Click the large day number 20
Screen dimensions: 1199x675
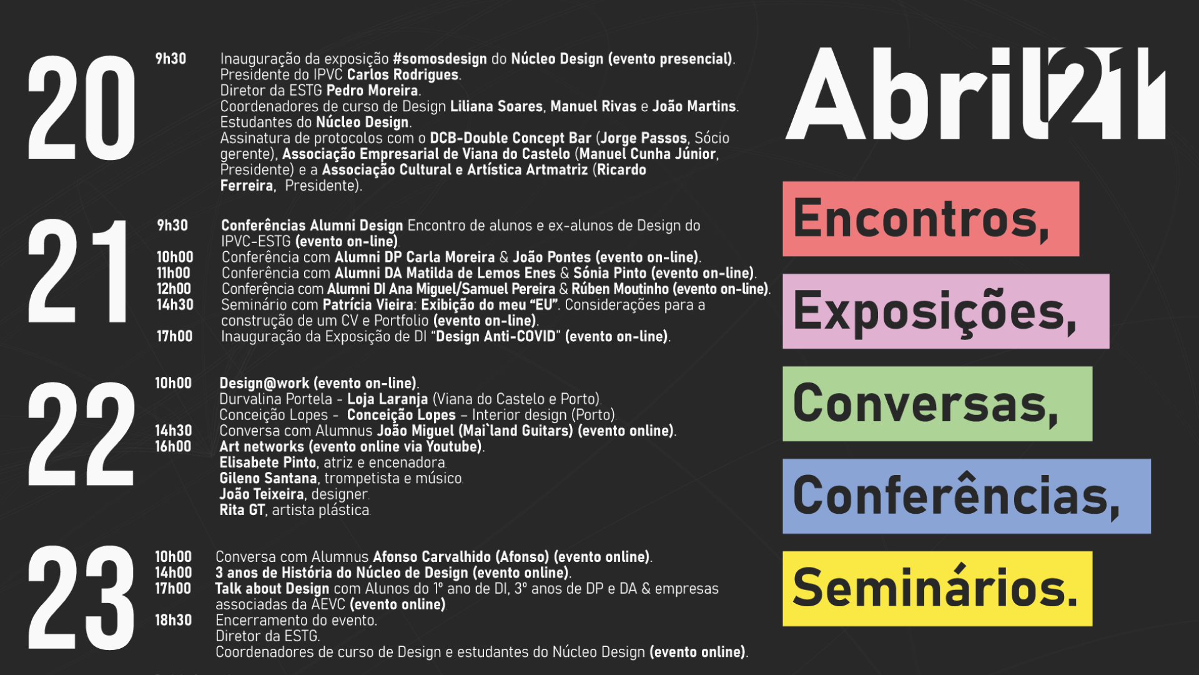pyautogui.click(x=81, y=108)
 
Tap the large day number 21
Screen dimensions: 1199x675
pyautogui.click(x=77, y=271)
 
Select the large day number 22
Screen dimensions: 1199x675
pyautogui.click(x=81, y=434)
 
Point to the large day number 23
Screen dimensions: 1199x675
pyautogui.click(x=81, y=598)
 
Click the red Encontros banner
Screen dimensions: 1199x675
pyautogui.click(x=930, y=219)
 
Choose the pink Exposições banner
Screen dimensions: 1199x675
pyautogui.click(x=946, y=311)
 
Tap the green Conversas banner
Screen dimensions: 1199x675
pyautogui.click(x=937, y=404)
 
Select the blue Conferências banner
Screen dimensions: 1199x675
pyautogui.click(x=967, y=496)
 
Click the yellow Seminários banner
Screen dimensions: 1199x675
pyautogui.click(x=937, y=589)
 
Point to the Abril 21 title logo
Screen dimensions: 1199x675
pyautogui.click(x=975, y=94)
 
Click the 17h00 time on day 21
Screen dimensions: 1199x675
pyautogui.click(x=175, y=336)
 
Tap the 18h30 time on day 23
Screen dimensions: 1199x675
pyautogui.click(x=174, y=620)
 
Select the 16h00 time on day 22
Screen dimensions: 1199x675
pyautogui.click(x=174, y=446)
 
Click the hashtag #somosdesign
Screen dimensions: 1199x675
pyautogui.click(x=440, y=59)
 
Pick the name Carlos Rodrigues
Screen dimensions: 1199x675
pyautogui.click(x=403, y=75)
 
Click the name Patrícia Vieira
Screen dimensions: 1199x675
pyautogui.click(x=368, y=305)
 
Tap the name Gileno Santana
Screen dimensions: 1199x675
pyautogui.click(x=269, y=478)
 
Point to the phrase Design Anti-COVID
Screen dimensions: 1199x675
pyautogui.click(x=496, y=336)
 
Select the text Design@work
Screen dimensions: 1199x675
pyautogui.click(x=264, y=383)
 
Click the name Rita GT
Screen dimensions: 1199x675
pyautogui.click(x=242, y=510)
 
